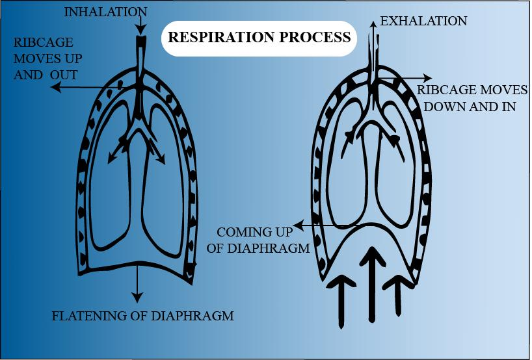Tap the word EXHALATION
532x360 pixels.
point(423,21)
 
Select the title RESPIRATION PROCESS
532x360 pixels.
point(259,37)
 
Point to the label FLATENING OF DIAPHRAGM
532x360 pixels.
point(142,316)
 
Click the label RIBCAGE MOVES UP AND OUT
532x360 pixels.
point(49,57)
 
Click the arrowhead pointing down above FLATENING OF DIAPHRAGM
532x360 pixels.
point(137,298)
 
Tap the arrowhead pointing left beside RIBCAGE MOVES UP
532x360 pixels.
point(56,87)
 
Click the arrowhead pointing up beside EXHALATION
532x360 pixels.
point(373,23)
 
